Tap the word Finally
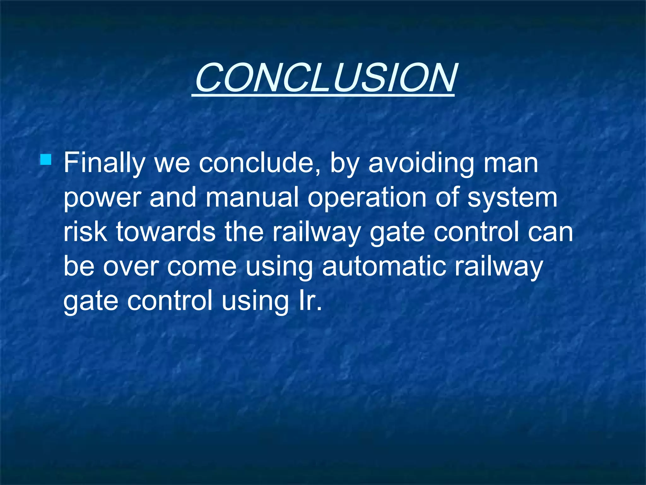104,164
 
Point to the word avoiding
421,164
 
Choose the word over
131,267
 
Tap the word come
202,267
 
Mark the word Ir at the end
308,301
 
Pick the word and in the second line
173,197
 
